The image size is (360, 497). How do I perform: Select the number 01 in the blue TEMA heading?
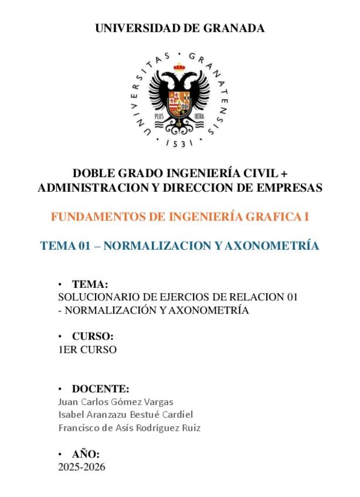(84, 246)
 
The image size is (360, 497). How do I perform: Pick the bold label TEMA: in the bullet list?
(90, 284)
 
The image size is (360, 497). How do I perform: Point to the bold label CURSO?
(92, 337)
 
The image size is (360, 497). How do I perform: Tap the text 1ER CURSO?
(87, 350)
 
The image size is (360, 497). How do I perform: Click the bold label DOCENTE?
(100, 389)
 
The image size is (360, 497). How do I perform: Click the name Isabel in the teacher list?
(71, 415)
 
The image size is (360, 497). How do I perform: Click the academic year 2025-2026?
(81, 467)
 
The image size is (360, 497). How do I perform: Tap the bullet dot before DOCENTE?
(60, 389)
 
